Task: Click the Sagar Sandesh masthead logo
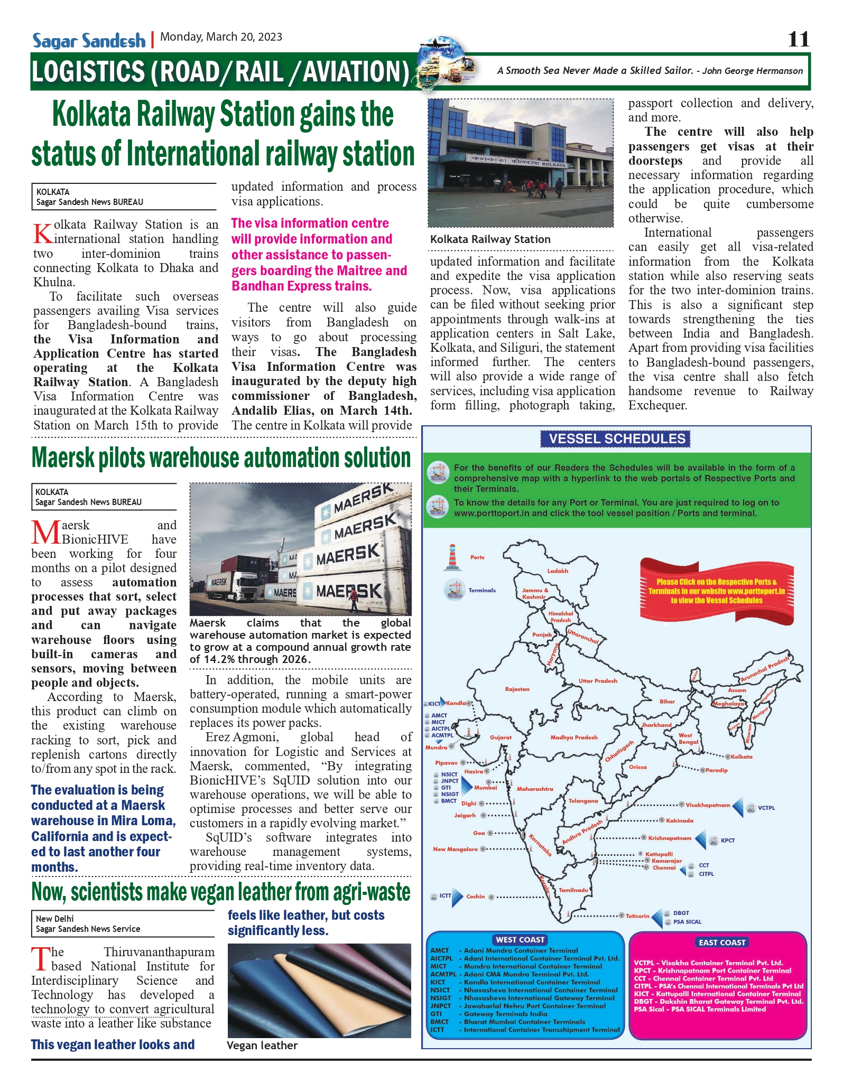click(88, 40)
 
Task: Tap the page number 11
click(798, 39)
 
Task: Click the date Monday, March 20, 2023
click(221, 37)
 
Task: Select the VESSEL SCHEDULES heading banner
click(616, 438)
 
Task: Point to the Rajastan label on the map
click(517, 689)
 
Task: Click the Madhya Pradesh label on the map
click(573, 737)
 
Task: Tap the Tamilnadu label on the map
click(573, 890)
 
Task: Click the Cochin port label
click(475, 896)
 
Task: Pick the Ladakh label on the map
click(558, 571)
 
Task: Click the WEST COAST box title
click(520, 940)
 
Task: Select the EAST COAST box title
click(722, 942)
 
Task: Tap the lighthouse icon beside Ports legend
click(452, 557)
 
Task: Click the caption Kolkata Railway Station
click(490, 239)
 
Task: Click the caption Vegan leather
click(262, 1046)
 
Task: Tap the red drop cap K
click(43, 232)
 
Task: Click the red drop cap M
click(46, 533)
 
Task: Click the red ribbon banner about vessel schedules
click(716, 591)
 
